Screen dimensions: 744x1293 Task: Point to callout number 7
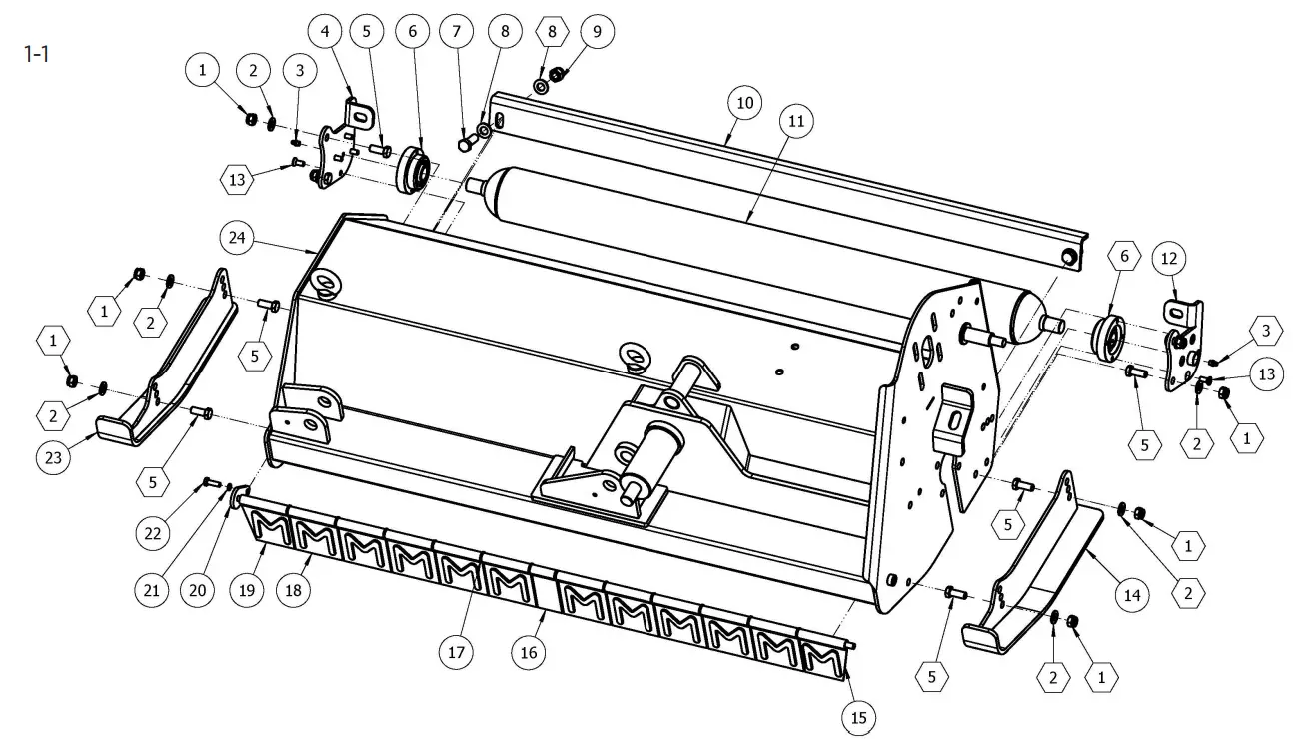456,32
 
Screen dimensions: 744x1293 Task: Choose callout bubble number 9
597,32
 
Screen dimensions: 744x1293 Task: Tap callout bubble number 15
858,716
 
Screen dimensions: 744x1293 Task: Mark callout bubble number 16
528,653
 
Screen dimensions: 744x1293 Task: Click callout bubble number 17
457,653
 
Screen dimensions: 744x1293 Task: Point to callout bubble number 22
152,533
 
